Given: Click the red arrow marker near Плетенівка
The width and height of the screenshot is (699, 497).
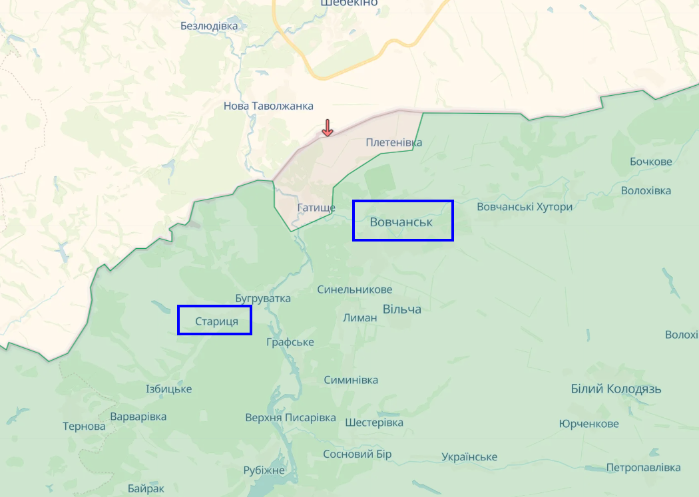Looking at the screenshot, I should point(327,128).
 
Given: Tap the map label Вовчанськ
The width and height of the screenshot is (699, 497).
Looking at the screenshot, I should point(401,222).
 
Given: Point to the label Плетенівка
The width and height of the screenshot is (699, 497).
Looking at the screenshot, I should point(393,142).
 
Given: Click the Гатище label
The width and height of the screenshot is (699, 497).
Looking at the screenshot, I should point(316,208).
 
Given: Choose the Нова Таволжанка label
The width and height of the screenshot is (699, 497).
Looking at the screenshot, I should point(268,106).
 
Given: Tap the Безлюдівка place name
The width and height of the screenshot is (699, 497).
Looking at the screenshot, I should point(209,26).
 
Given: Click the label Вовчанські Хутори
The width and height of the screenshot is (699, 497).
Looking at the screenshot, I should point(525,207).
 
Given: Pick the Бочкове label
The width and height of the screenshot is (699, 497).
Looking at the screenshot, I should point(650,162).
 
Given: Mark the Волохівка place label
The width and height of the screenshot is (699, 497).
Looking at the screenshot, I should point(646,191).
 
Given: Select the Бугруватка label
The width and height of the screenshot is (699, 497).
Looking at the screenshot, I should point(263,298).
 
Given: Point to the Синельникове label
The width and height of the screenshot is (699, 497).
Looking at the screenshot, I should point(354,290).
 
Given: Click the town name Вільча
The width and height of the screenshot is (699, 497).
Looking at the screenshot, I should point(402,309).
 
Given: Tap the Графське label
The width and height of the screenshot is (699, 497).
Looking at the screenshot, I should point(290,342).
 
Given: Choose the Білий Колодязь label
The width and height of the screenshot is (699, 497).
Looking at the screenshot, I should point(616,389).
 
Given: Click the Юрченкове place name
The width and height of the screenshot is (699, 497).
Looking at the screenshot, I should point(588,424).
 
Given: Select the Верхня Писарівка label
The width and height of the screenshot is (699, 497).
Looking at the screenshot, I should point(290,418).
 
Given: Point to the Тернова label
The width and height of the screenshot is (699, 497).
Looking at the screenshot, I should point(84,426).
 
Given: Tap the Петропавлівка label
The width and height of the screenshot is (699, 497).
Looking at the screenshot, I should point(643,468).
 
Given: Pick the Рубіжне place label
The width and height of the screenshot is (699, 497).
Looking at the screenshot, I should point(264,470).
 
